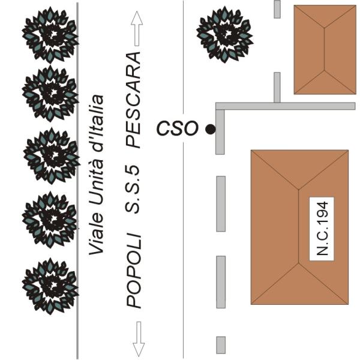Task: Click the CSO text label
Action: [177, 128]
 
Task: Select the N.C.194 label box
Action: [321, 229]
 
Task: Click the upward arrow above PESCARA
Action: [137, 29]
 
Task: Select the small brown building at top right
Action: [324, 49]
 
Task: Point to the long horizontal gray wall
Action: [288, 106]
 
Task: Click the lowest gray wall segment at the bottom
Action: [221, 344]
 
